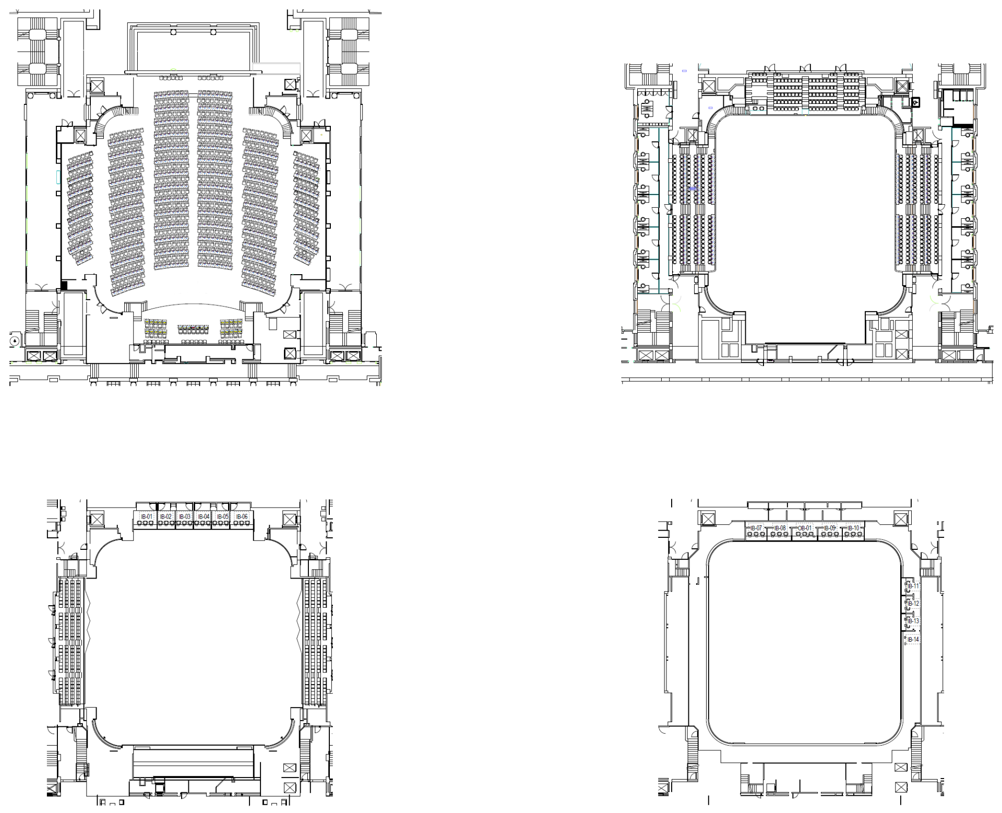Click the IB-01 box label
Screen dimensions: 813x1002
[147, 516]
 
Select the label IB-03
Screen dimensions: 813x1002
[185, 516]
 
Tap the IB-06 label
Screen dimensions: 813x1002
[242, 516]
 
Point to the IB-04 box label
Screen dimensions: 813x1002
[204, 516]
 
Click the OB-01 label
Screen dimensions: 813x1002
[805, 528]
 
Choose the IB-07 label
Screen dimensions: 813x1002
[756, 528]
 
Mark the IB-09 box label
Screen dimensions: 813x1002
[829, 528]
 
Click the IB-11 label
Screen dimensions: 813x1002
[913, 586]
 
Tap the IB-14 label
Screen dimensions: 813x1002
[913, 639]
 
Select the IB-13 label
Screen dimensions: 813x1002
[913, 621]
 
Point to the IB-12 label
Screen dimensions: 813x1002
[913, 604]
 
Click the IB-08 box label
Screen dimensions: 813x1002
[780, 528]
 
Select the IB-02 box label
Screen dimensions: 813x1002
[166, 516]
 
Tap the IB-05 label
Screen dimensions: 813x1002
[223, 516]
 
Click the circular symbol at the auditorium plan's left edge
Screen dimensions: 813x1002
[15, 341]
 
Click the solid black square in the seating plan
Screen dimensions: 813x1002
[65, 285]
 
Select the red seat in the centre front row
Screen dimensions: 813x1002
[194, 327]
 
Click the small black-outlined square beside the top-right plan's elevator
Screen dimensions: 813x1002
[915, 103]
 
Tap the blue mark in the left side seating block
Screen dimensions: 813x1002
[693, 188]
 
